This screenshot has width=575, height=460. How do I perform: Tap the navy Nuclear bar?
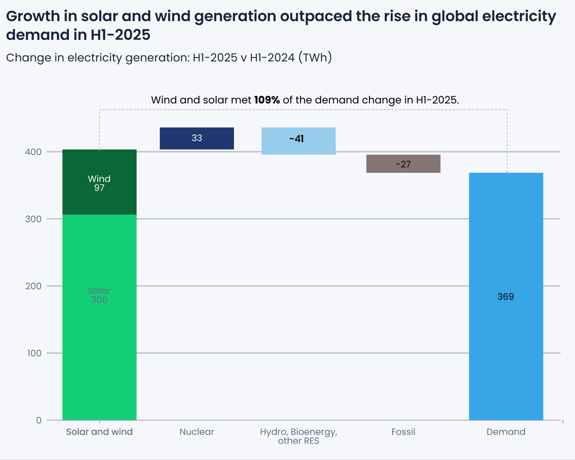click(197, 138)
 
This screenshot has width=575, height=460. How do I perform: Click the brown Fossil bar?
click(403, 164)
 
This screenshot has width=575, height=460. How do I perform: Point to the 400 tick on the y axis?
click(33, 152)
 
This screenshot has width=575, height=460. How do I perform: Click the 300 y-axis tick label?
click(33, 219)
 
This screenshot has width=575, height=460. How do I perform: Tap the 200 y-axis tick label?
click(33, 286)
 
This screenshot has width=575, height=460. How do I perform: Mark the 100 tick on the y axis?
click(34, 353)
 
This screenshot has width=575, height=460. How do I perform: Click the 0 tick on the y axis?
click(39, 420)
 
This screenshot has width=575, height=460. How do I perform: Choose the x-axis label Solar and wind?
click(99, 432)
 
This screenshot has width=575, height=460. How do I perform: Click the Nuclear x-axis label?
click(197, 432)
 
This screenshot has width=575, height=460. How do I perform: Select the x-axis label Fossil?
click(403, 432)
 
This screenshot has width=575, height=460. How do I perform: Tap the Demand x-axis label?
click(506, 432)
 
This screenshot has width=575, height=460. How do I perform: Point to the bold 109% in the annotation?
click(267, 100)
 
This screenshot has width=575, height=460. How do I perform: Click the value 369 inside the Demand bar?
click(506, 297)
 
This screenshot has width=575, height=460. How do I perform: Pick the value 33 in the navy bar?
click(197, 138)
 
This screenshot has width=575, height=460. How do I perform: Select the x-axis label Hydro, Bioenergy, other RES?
click(298, 436)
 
